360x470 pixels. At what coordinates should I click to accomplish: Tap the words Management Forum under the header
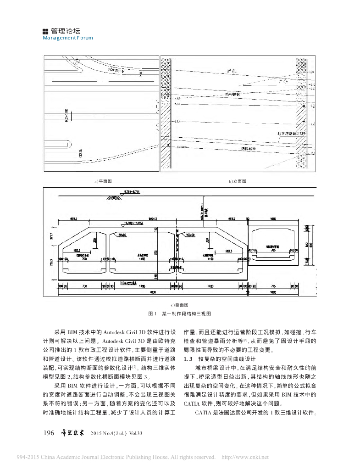coord(67,38)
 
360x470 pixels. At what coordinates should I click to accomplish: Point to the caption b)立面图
coord(238,182)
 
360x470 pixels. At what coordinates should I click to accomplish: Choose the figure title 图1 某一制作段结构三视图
coord(180,313)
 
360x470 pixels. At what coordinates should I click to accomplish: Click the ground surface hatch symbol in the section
coord(112,196)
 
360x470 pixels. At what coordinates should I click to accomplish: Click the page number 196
coord(49,433)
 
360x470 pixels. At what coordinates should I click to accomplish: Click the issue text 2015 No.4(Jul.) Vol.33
coord(117,433)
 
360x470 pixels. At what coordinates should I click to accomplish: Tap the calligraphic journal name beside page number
coord(72,433)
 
